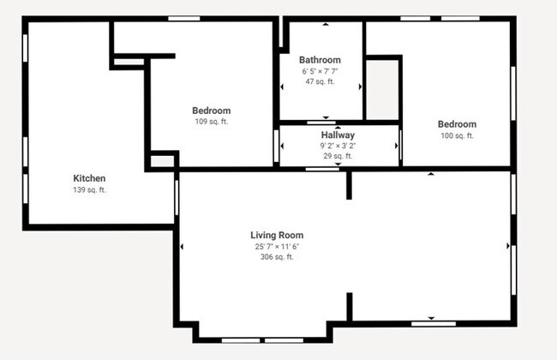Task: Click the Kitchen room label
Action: tap(89, 178)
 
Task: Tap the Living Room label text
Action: tap(277, 235)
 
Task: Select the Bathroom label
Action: tap(320, 60)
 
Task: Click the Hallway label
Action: tap(338, 135)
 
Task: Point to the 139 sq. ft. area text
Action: tap(89, 189)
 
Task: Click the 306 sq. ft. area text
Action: tap(277, 256)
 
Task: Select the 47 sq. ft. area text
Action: tap(320, 82)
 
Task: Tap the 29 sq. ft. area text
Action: tap(338, 156)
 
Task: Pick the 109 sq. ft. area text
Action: tap(211, 122)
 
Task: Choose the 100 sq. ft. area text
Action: tap(457, 135)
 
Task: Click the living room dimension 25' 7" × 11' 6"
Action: tap(277, 246)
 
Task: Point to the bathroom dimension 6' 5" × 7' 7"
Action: tap(320, 71)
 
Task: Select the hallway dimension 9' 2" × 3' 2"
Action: tap(338, 146)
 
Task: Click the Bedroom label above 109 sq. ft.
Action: tap(211, 111)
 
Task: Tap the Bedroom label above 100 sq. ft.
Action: tap(457, 124)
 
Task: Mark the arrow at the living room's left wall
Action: tap(182, 247)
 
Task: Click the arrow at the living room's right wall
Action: tap(508, 247)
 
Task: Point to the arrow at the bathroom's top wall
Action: tap(325, 25)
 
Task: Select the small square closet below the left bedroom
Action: tap(161, 160)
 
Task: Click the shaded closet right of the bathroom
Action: tap(383, 89)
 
